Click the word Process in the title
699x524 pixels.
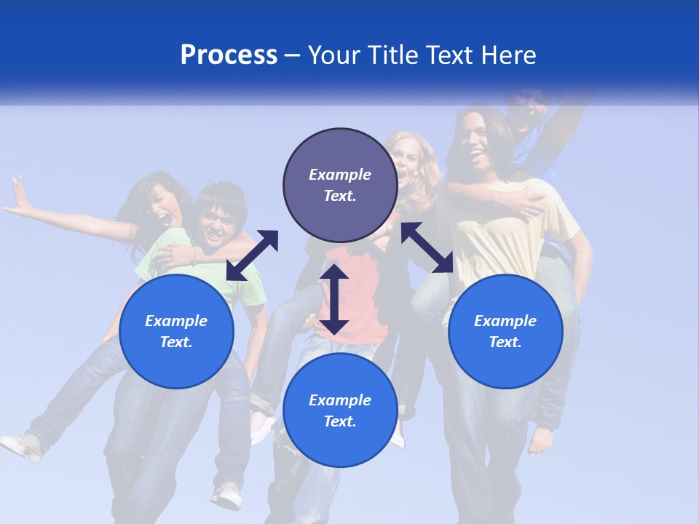pos(229,55)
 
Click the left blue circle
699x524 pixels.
pos(176,331)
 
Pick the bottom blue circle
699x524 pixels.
pos(340,410)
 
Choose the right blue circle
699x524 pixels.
pos(505,331)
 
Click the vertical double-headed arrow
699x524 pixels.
pos(334,299)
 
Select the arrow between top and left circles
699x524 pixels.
pos(252,255)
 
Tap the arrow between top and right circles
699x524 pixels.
pos(427,247)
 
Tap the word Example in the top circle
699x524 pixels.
pos(340,175)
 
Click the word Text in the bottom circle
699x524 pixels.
pos(340,421)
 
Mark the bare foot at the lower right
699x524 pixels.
pos(542,440)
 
